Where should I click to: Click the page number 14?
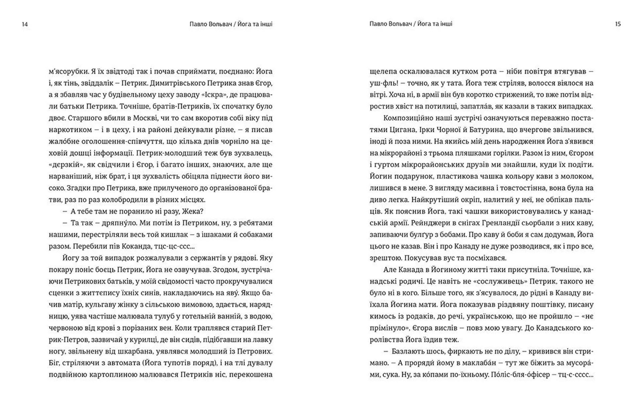pos(25,24)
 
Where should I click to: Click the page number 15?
pos(618,24)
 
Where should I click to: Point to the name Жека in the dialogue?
pos(191,211)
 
